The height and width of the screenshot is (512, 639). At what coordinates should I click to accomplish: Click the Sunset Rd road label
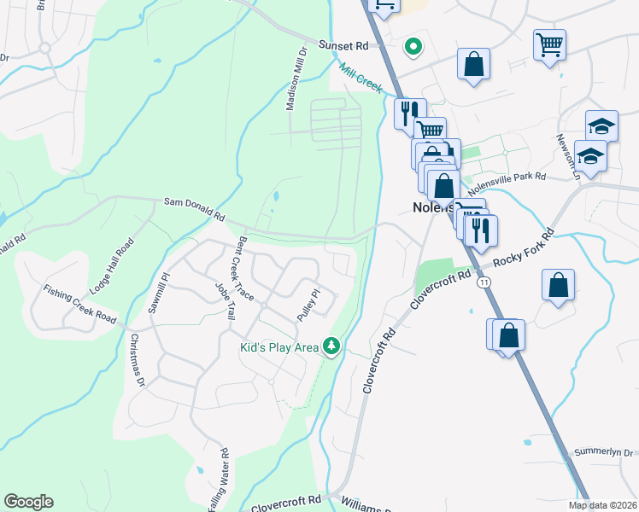click(343, 45)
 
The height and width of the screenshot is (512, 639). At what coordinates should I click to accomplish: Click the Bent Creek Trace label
click(247, 268)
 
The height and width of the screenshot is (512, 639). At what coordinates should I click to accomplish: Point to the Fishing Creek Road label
click(80, 305)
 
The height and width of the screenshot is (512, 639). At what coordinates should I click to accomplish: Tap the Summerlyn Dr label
click(604, 451)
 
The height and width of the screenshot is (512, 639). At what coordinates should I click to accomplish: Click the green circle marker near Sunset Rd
click(413, 47)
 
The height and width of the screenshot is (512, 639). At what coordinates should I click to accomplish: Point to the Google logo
click(28, 502)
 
